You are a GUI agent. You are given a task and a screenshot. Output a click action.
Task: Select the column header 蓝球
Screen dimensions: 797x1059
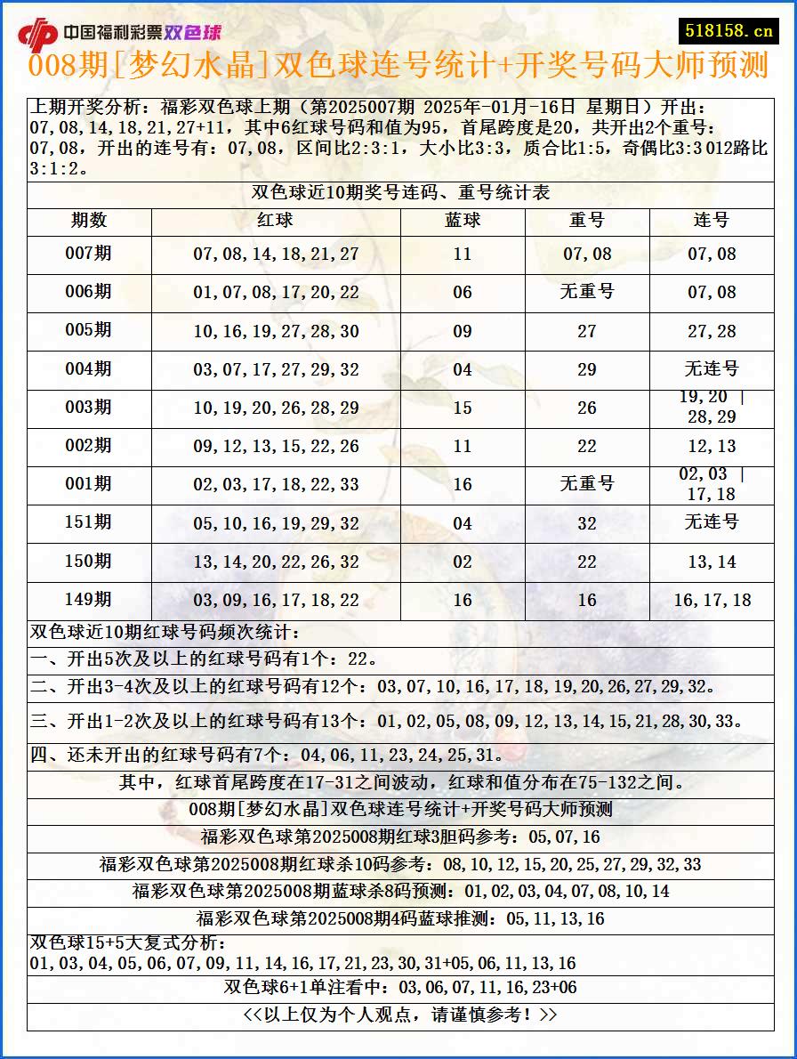pyautogui.click(x=463, y=220)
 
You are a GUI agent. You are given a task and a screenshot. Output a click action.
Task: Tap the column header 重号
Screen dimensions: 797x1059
pyautogui.click(x=587, y=220)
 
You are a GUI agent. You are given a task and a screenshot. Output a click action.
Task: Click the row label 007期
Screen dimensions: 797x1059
pyautogui.click(x=89, y=254)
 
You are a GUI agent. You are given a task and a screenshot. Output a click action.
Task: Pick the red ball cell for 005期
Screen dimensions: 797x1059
pyautogui.click(x=276, y=331)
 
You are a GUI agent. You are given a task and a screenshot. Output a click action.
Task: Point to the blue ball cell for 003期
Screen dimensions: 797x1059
pyautogui.click(x=463, y=408)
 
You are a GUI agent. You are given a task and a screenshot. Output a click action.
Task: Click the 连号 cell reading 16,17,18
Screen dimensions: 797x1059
pyautogui.click(x=712, y=601)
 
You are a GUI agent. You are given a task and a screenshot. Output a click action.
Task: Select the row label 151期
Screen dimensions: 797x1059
pyautogui.click(x=89, y=522)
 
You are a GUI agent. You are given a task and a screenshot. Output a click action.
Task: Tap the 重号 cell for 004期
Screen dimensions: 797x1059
pyautogui.click(x=587, y=369)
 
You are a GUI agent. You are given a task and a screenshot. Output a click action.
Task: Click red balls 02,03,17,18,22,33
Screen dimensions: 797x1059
pyautogui.click(x=276, y=485)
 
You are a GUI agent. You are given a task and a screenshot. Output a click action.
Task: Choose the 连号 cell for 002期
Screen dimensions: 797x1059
pyautogui.click(x=712, y=446)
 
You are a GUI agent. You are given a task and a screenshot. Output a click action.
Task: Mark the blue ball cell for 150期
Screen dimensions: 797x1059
pyautogui.click(x=463, y=562)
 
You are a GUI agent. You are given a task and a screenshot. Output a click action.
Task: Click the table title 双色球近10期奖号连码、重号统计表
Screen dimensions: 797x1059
pyautogui.click(x=400, y=193)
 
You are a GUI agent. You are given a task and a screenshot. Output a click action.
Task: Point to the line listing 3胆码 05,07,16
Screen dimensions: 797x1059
pyautogui.click(x=400, y=837)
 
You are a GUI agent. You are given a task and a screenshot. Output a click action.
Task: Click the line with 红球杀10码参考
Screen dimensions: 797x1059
pyautogui.click(x=400, y=864)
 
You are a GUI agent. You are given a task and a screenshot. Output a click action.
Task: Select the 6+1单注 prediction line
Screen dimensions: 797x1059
pyautogui.click(x=400, y=988)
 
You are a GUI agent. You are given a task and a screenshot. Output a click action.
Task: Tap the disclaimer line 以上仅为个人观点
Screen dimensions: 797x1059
pyautogui.click(x=400, y=1015)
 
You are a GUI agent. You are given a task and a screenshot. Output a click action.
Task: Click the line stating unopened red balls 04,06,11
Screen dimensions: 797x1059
pyautogui.click(x=267, y=756)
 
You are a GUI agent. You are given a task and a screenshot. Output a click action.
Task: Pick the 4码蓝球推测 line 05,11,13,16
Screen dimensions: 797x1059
pyautogui.click(x=400, y=918)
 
